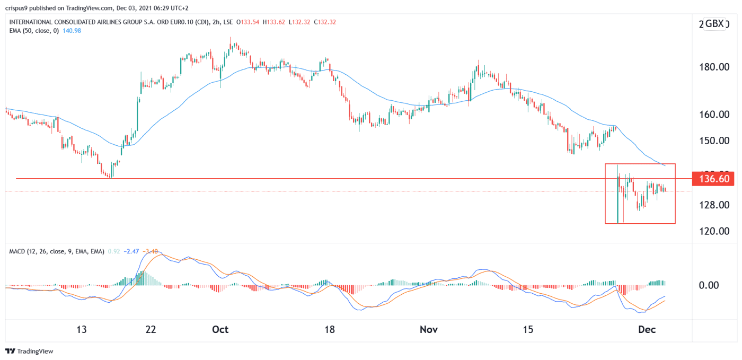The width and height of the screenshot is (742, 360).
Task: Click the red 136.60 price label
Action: click(x=713, y=179)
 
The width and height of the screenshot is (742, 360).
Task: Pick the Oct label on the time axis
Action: click(x=220, y=330)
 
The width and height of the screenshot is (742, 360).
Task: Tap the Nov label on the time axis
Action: click(x=429, y=330)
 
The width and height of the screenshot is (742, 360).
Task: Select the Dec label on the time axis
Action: click(x=647, y=330)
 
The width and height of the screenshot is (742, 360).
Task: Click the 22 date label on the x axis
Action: click(x=151, y=330)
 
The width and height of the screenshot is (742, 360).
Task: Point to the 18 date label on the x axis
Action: click(x=330, y=330)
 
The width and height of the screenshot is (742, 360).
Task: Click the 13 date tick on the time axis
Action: click(x=81, y=330)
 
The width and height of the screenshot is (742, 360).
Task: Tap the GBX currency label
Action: click(x=716, y=24)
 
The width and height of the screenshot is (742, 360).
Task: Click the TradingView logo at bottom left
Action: click(x=30, y=351)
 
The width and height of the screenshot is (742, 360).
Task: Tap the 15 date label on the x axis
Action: click(x=527, y=330)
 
